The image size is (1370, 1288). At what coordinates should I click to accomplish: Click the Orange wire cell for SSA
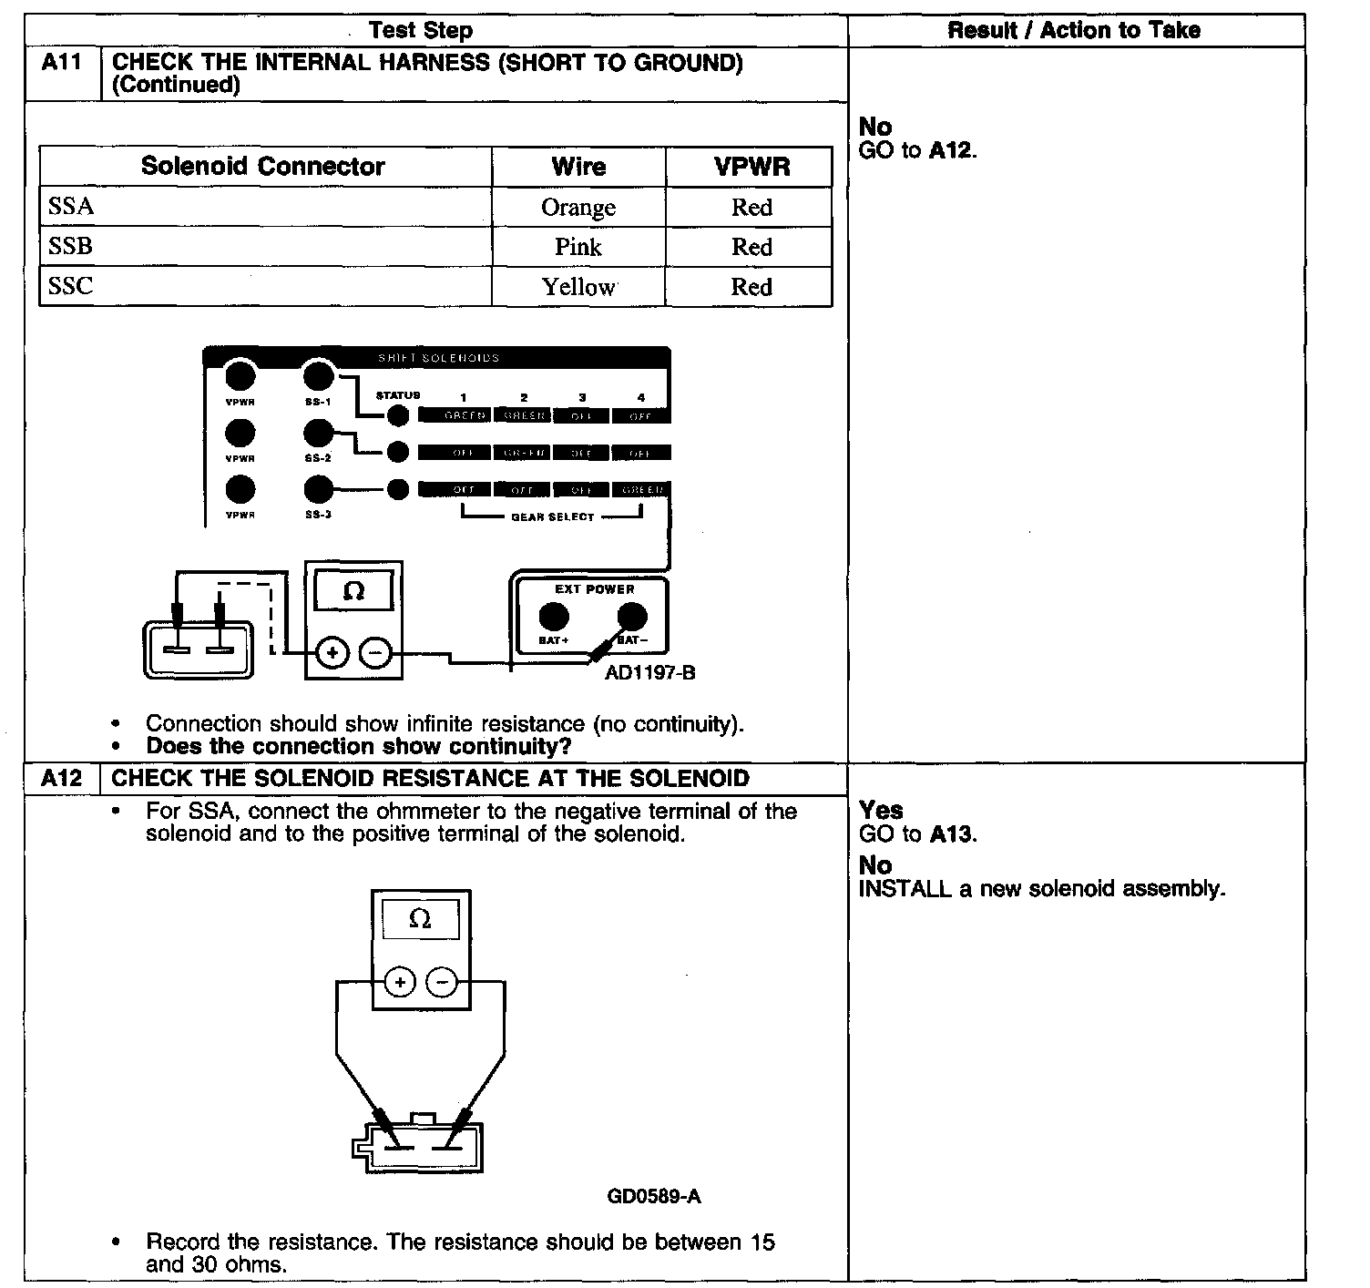coord(578,208)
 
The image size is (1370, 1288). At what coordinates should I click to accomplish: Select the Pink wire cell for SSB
coord(578,247)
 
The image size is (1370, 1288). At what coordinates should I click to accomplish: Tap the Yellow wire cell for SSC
coord(578,287)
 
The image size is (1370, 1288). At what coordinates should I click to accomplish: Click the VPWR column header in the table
coord(751,168)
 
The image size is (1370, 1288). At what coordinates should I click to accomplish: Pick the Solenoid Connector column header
coord(263,167)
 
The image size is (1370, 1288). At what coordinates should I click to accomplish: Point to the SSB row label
coord(71,247)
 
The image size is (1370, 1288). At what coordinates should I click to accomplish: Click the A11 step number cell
coord(62,64)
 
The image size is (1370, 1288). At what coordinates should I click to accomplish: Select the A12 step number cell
coord(62,779)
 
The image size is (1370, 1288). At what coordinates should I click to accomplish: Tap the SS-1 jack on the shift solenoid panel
coord(318,375)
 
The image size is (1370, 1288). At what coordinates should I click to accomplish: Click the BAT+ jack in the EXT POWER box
coord(553,618)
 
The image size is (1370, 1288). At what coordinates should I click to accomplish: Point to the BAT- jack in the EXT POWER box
coord(631,618)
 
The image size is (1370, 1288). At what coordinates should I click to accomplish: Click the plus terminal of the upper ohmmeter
coord(332,652)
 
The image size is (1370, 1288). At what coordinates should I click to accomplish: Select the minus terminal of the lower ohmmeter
coord(443,982)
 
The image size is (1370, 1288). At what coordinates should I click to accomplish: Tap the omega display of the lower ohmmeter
coord(420,919)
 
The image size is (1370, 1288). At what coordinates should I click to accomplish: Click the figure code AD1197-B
coord(649,673)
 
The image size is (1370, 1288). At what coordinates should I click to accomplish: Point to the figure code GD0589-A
coord(654,1196)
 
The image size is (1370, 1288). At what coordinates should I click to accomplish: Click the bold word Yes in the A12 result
coord(881,811)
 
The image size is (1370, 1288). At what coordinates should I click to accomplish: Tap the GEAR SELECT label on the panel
coord(552,517)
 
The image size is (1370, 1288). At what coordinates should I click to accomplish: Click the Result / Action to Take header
coord(1074,30)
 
